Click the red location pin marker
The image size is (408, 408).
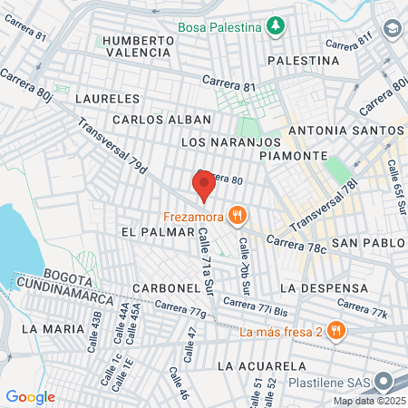pyautogui.click(x=204, y=186)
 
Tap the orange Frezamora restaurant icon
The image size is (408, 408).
pyautogui.click(x=238, y=216)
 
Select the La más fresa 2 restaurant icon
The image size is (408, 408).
pyautogui.click(x=336, y=330)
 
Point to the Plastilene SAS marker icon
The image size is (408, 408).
pyautogui.click(x=384, y=384)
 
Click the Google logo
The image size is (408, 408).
pyautogui.click(x=30, y=397)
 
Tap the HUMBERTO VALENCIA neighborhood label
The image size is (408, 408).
pyautogui.click(x=137, y=46)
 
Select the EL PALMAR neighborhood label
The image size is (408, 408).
pyautogui.click(x=146, y=232)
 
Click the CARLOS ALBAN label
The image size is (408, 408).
pyautogui.click(x=161, y=119)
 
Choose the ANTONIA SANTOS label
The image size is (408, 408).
pyautogui.click(x=343, y=131)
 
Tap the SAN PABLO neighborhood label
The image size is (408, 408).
pyautogui.click(x=361, y=244)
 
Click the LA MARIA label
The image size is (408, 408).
pyautogui.click(x=51, y=327)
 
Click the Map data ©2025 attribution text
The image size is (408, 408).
pyautogui.click(x=368, y=401)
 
